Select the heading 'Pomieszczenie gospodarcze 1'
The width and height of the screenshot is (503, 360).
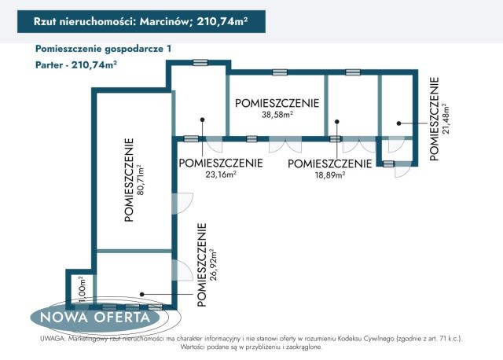tap(103, 49)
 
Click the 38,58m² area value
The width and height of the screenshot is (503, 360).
tap(277, 115)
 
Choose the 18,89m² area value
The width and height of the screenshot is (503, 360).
tap(329, 175)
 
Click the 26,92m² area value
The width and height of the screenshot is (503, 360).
tap(213, 265)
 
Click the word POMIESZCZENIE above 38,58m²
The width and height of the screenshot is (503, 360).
tap(277, 103)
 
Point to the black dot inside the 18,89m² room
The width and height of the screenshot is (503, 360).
tap(336, 121)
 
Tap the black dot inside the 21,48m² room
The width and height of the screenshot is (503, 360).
tap(398, 123)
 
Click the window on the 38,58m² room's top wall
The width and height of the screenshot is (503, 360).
tap(280, 72)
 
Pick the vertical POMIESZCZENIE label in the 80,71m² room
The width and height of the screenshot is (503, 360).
tap(128, 180)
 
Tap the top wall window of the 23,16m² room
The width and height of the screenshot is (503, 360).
tap(200, 62)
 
